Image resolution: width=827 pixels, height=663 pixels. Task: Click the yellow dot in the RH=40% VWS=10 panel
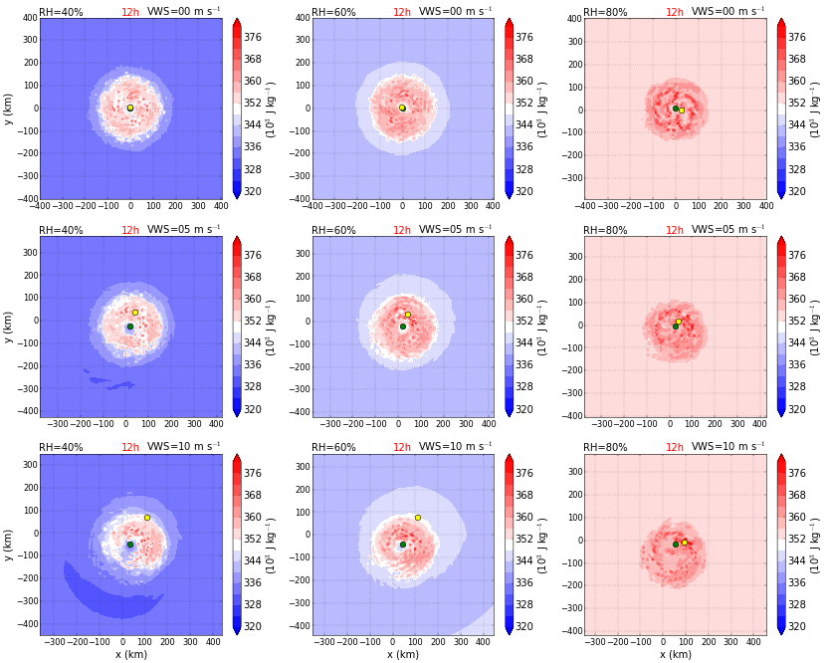pos(146,518)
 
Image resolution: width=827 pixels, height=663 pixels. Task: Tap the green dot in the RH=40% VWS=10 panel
pos(129,545)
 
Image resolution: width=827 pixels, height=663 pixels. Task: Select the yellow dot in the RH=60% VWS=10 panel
pos(418,518)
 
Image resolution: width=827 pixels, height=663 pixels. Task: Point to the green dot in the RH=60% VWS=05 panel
pos(403,327)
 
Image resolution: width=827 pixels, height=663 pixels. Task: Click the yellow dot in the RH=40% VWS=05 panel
pos(135,313)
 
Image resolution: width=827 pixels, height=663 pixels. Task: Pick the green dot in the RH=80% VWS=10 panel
pos(675,545)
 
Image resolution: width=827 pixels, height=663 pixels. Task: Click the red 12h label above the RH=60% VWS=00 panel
pos(401,12)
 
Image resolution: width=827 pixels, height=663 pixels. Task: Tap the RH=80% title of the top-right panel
pos(605,12)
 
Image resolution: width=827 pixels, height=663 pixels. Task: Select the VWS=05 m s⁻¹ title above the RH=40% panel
pos(184,230)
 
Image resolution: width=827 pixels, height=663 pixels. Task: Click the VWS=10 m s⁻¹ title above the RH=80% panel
pos(728,448)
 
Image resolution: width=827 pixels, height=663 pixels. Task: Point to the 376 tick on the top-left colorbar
pos(252,37)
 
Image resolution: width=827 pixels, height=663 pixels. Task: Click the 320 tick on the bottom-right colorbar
pos(796,627)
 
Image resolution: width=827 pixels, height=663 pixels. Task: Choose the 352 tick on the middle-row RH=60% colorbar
pos(524,321)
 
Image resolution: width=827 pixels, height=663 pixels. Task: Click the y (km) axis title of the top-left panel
pos(9,109)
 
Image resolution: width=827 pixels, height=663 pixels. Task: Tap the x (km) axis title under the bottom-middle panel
pos(403,655)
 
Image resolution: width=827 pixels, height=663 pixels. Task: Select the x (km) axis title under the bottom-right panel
pos(675,655)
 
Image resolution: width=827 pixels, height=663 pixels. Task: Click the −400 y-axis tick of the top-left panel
pos(23,199)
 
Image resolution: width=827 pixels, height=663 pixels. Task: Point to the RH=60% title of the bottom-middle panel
pos(333,448)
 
